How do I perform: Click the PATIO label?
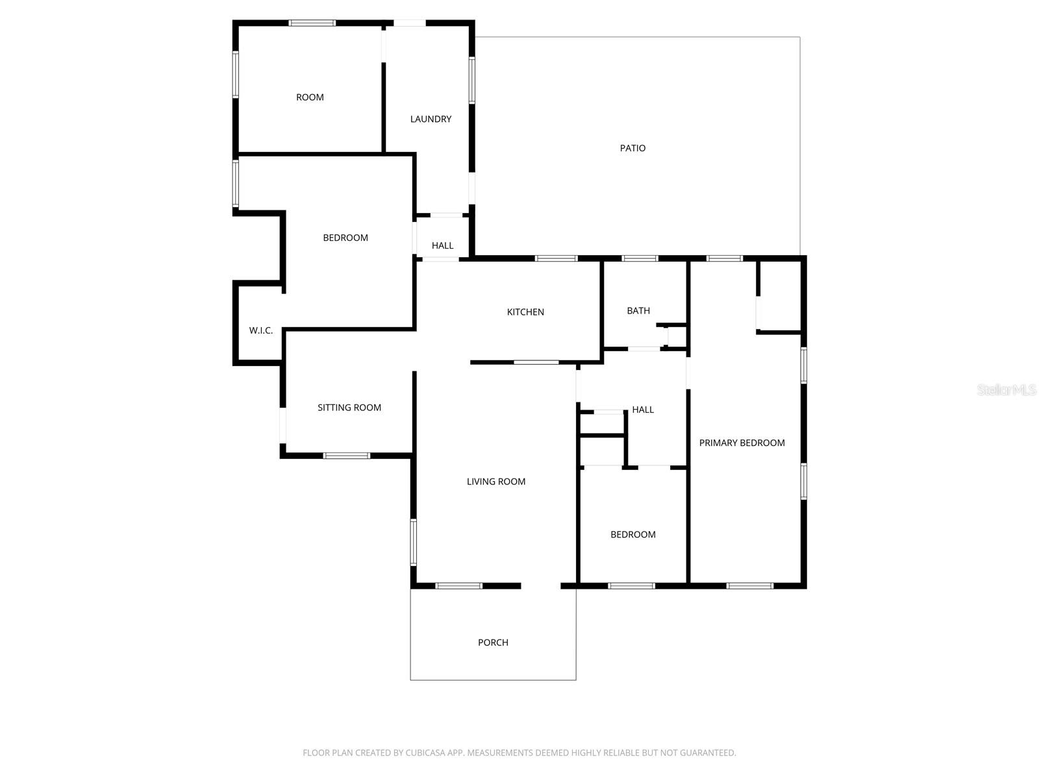632,148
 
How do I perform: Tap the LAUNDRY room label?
431,119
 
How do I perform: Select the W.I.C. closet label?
261,330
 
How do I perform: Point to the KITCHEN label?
525,312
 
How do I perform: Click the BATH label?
638,311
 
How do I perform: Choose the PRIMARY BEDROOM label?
742,443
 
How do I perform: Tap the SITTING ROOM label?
349,408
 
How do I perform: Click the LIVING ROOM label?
496,482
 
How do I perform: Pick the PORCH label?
493,643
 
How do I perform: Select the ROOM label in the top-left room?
310,97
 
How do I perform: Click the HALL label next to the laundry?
442,245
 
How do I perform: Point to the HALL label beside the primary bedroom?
643,410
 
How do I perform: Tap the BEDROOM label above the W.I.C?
345,238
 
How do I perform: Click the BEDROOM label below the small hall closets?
633,535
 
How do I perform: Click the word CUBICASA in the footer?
429,753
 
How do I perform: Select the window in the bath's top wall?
640,258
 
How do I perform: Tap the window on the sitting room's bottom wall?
347,456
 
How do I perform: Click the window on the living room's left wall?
414,542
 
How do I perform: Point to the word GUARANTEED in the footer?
707,753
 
